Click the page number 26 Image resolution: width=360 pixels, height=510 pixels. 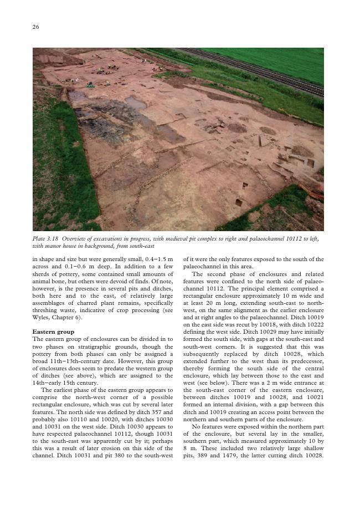(x=35, y=27)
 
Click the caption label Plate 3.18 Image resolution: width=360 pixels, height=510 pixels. (x=45, y=238)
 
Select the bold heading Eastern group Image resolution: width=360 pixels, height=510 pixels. (x=53, y=331)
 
